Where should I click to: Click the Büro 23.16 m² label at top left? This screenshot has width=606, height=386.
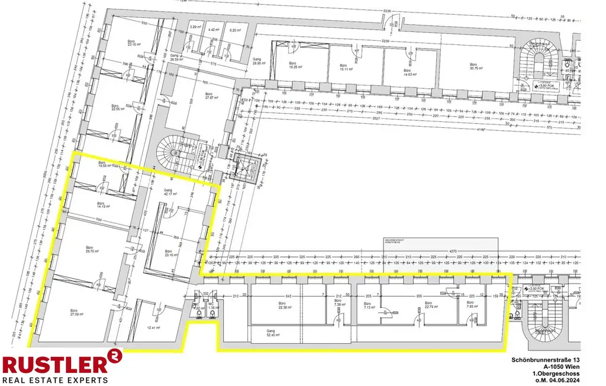tap(131, 42)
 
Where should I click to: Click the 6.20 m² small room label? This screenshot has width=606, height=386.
tap(236, 30)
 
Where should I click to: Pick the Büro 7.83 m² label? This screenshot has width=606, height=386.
tap(472, 304)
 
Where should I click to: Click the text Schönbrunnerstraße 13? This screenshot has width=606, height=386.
tap(546, 361)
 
